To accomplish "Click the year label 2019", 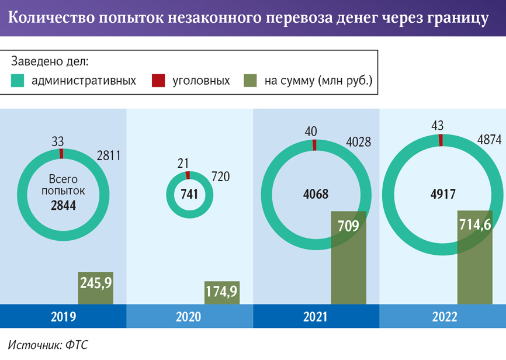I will (x=63, y=317).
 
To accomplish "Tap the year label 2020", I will (x=188, y=317).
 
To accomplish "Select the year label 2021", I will (x=316, y=317).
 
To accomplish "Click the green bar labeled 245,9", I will (x=95, y=288).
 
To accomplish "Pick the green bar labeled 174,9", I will (x=221, y=293).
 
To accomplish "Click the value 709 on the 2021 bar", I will (x=348, y=226).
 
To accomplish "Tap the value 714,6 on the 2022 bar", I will (x=475, y=226).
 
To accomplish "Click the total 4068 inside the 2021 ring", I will (x=316, y=195).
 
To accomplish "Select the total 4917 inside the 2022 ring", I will (x=441, y=195).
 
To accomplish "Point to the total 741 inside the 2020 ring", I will (x=188, y=196).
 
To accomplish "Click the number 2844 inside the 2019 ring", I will (x=63, y=205).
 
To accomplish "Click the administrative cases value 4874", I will (x=489, y=140).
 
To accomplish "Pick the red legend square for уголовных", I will (x=158, y=81).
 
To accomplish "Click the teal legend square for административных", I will (x=18, y=81).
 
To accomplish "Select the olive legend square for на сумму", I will (x=250, y=81).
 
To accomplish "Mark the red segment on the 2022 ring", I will (x=441, y=140).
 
